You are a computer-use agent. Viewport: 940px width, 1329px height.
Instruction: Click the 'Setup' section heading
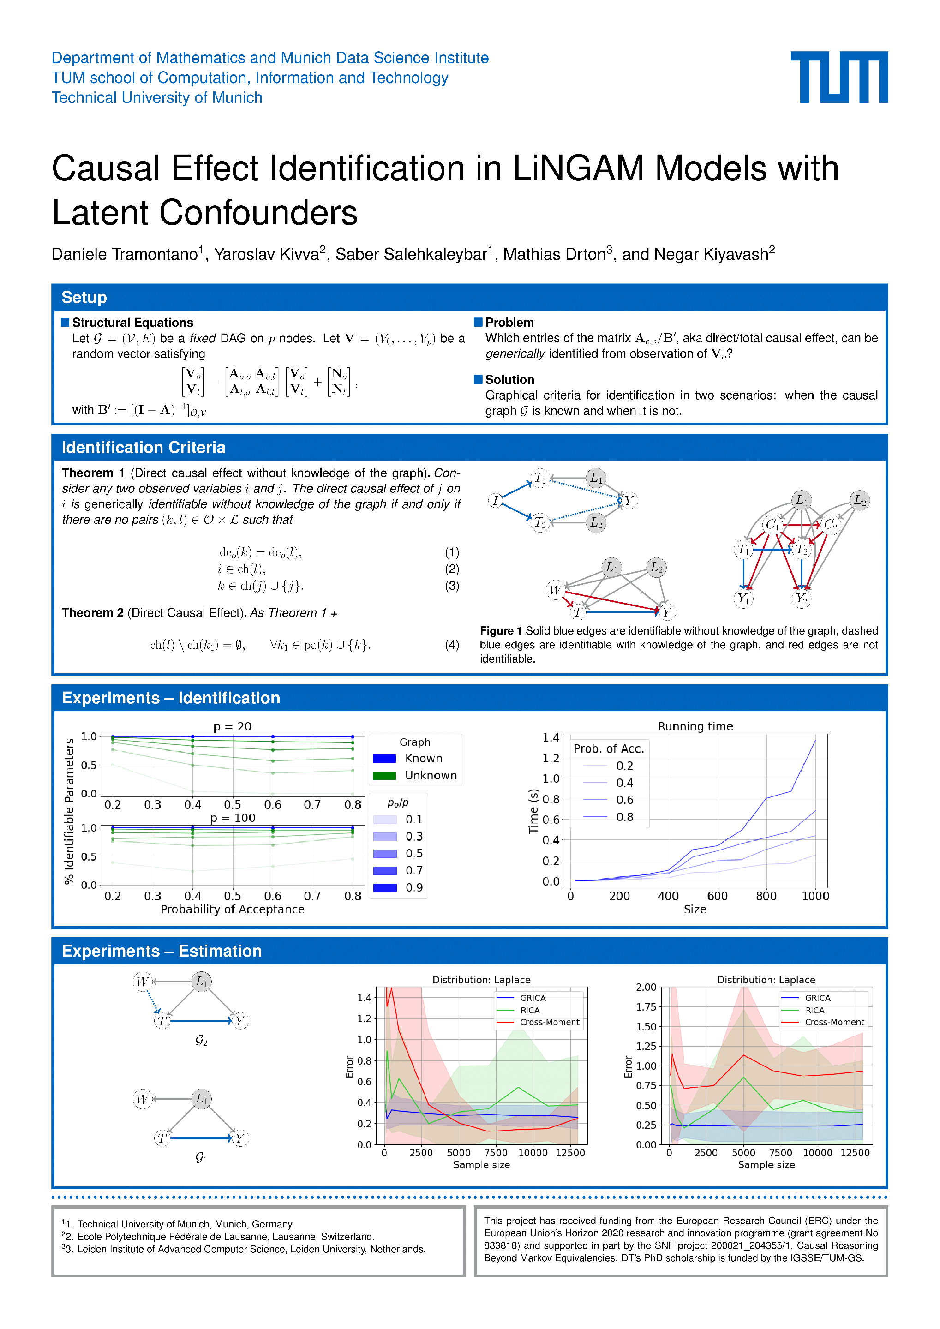click(84, 298)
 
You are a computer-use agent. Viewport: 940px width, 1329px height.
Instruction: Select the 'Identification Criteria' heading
click(143, 448)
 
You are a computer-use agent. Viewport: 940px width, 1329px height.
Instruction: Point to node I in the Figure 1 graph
click(495, 500)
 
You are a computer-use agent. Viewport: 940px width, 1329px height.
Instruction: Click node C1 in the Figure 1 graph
click(772, 525)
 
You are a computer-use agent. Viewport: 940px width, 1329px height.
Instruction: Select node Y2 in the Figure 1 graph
click(801, 599)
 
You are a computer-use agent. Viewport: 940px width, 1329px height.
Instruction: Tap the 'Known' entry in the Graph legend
click(423, 758)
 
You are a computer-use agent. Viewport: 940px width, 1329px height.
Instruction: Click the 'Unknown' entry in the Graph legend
click(431, 776)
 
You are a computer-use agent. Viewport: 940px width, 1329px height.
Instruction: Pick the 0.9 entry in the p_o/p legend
click(413, 887)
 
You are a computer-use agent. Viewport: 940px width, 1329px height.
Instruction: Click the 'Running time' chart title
click(695, 726)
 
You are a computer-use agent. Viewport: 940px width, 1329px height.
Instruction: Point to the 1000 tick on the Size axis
click(815, 896)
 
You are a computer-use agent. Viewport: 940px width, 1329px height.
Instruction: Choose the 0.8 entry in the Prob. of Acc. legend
click(624, 817)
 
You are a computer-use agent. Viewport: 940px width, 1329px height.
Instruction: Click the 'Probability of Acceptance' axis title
click(232, 910)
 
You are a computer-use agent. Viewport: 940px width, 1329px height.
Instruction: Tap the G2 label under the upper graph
click(201, 1040)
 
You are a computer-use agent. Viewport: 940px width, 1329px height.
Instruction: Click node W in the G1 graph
click(143, 1099)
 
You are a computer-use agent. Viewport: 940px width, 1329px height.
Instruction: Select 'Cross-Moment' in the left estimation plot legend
click(549, 1022)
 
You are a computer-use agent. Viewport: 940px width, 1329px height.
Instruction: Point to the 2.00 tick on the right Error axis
click(646, 987)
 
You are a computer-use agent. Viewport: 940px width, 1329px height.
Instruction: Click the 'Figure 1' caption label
click(501, 631)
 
